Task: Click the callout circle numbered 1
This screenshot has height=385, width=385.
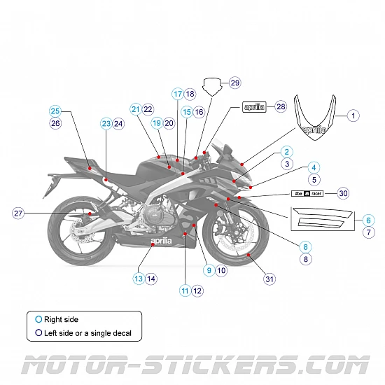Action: pos(353,115)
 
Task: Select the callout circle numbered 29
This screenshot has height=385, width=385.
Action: pos(234,83)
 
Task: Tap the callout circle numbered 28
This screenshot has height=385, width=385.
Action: pos(281,107)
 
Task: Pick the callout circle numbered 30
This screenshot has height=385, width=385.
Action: pos(342,192)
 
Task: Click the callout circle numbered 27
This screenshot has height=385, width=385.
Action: pos(19,213)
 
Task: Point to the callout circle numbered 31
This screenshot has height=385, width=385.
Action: pos(269,279)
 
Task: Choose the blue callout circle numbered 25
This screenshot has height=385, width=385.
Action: pos(55,111)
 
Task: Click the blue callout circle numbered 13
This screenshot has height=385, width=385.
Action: pos(139,279)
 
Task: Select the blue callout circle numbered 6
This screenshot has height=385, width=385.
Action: pos(369,220)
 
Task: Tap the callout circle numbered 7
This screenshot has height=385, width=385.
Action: pos(369,232)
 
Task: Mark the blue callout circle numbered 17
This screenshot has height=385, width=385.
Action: pos(178,94)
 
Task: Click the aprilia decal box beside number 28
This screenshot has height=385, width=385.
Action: pos(255,107)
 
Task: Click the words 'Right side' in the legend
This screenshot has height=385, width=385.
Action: pos(61,319)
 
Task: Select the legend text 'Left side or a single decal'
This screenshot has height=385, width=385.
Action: pos(87,333)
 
